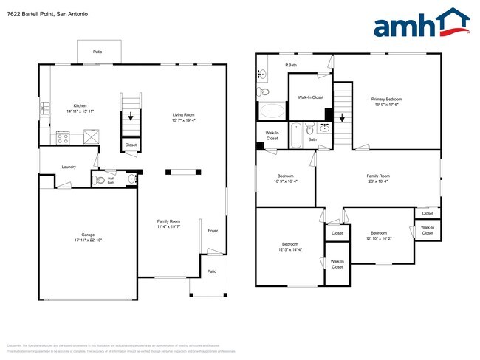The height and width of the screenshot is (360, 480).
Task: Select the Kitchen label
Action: [x=80, y=105]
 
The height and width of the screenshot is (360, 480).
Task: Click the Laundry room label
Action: [x=69, y=166]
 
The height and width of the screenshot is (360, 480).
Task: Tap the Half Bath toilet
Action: [x=100, y=179]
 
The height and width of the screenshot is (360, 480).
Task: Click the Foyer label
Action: [x=213, y=230]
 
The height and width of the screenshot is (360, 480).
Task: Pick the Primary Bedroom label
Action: [x=387, y=99]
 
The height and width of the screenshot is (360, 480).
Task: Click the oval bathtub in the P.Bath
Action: [x=272, y=111]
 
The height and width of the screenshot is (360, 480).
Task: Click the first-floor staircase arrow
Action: [x=131, y=116]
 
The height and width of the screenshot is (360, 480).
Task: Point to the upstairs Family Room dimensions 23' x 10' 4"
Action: [x=378, y=181]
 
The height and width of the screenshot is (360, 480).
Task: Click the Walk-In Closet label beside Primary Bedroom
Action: [x=310, y=97]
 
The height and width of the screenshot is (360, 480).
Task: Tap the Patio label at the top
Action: [x=97, y=52]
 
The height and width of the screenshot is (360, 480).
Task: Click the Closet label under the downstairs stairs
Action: [x=131, y=145]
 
